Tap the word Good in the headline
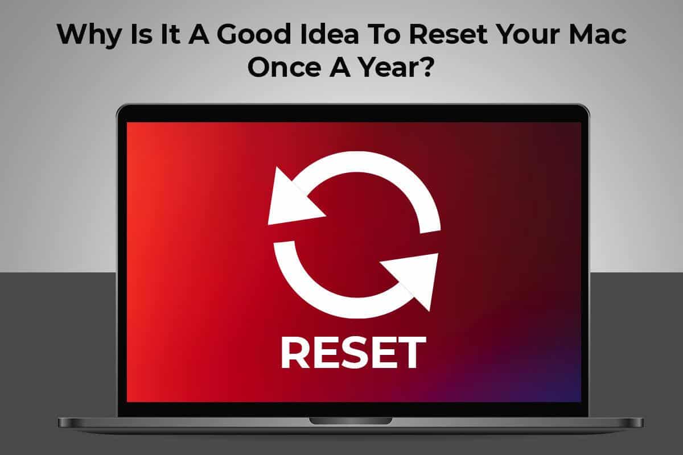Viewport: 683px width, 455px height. (x=254, y=35)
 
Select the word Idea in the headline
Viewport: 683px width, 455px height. (x=330, y=35)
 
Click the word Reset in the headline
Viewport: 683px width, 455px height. (x=449, y=35)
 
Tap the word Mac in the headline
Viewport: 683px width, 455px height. (x=598, y=35)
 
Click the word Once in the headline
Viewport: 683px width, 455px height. (x=284, y=67)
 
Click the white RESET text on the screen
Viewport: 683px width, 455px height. (x=353, y=353)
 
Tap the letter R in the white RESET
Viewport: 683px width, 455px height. (x=295, y=353)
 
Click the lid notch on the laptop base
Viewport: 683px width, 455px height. (x=351, y=421)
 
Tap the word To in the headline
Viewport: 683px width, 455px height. (x=384, y=35)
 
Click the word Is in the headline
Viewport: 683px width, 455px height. (x=141, y=35)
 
